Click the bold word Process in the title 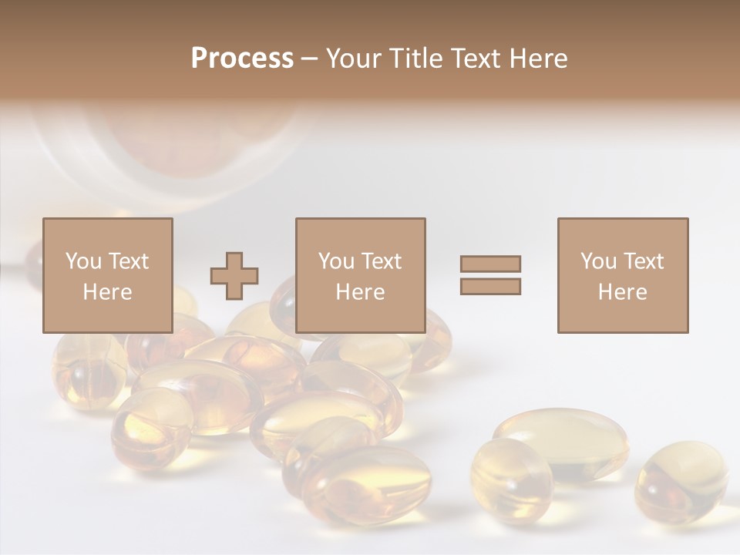[x=242, y=59]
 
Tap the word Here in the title [x=536, y=59]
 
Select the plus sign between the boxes [x=235, y=275]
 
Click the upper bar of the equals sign [x=490, y=264]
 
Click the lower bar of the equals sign [x=490, y=287]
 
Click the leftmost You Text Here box [x=107, y=275]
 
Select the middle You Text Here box [x=360, y=275]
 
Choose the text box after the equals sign [x=622, y=275]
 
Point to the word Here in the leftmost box [x=107, y=292]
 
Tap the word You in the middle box [x=336, y=261]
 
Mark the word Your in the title [x=352, y=59]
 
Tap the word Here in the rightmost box [x=622, y=292]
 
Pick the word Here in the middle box [x=360, y=292]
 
